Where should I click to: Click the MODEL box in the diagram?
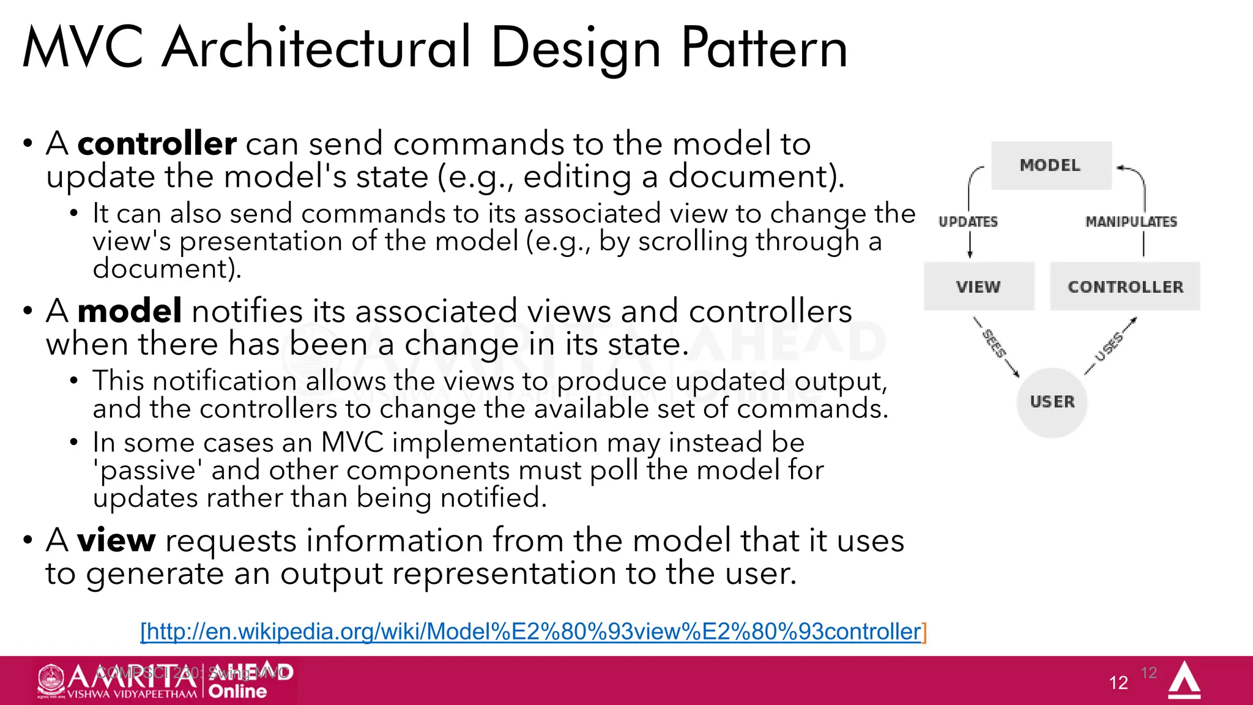pos(1050,165)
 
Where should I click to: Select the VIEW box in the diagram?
pos(978,286)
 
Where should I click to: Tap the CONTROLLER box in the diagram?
pos(1125,286)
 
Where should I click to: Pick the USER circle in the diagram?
pos(1052,402)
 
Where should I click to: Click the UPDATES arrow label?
pos(968,222)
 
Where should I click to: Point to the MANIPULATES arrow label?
pos(1131,222)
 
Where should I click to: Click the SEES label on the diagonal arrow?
pos(994,344)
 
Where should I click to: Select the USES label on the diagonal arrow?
pos(1109,348)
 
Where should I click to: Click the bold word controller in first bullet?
pos(157,144)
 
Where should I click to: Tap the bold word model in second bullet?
pos(130,311)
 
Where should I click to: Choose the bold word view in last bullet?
pos(116,540)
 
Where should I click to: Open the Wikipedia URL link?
pos(533,631)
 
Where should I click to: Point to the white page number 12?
pos(1118,683)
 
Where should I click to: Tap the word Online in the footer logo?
pos(237,692)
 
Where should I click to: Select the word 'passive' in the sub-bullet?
pos(147,471)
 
